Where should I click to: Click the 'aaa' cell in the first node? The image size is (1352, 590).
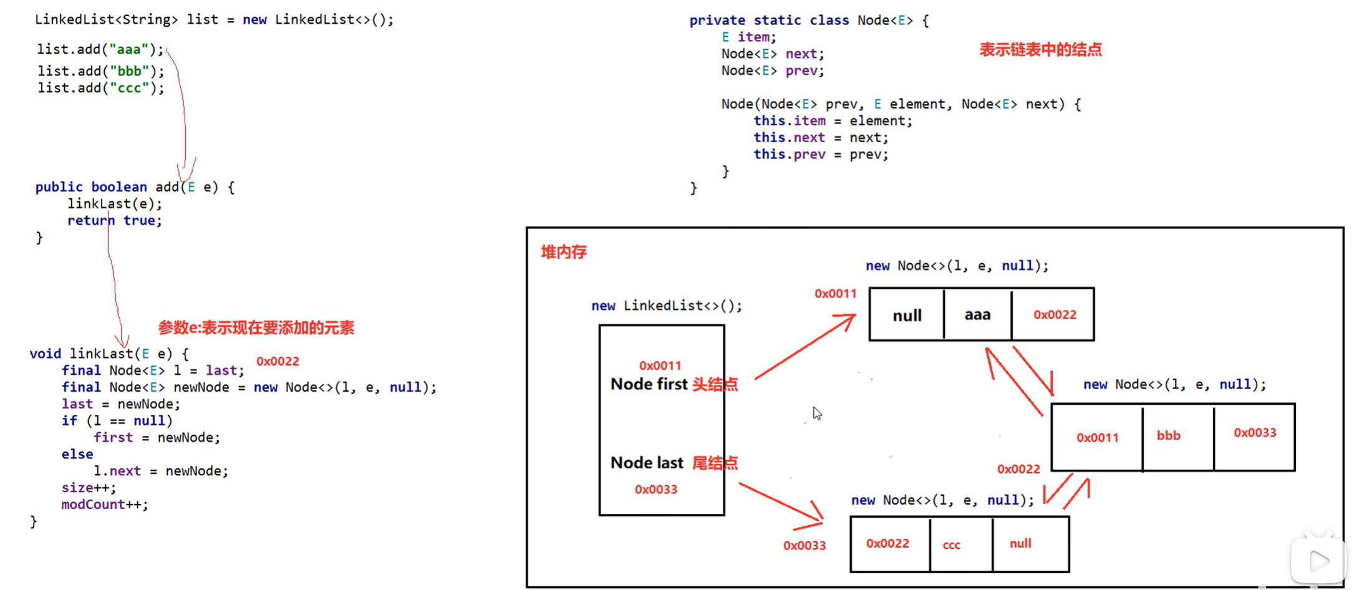pos(977,315)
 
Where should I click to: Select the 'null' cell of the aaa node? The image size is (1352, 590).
pos(907,316)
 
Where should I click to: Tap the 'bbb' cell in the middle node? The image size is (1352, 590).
pos(1169,435)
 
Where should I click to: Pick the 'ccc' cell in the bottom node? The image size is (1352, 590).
pos(951,545)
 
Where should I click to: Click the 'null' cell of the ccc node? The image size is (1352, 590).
pos(1020,543)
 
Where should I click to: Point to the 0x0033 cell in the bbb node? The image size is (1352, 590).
pos(1255,433)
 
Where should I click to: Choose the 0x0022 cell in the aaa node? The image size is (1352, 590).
pos(1055,315)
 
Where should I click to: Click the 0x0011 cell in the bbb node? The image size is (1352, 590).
pos(1098,438)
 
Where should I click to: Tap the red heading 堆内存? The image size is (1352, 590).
pos(564,252)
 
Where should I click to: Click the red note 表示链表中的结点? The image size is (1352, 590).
pos(1040,50)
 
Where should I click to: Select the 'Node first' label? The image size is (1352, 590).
pos(649,384)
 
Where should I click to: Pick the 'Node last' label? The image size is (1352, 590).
pos(647,463)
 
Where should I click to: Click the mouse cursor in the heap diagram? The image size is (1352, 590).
pos(817,413)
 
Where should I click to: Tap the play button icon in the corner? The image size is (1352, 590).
pos(1318,561)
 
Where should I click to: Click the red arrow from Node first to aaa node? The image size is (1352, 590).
pos(804,347)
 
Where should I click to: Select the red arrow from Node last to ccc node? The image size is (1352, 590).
pos(781,503)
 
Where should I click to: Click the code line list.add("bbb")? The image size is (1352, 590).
pos(100,71)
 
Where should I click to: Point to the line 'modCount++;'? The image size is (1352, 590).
pos(105,505)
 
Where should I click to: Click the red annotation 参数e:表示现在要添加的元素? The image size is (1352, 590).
pos(256,328)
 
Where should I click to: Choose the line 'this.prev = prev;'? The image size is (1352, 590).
pos(821,155)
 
